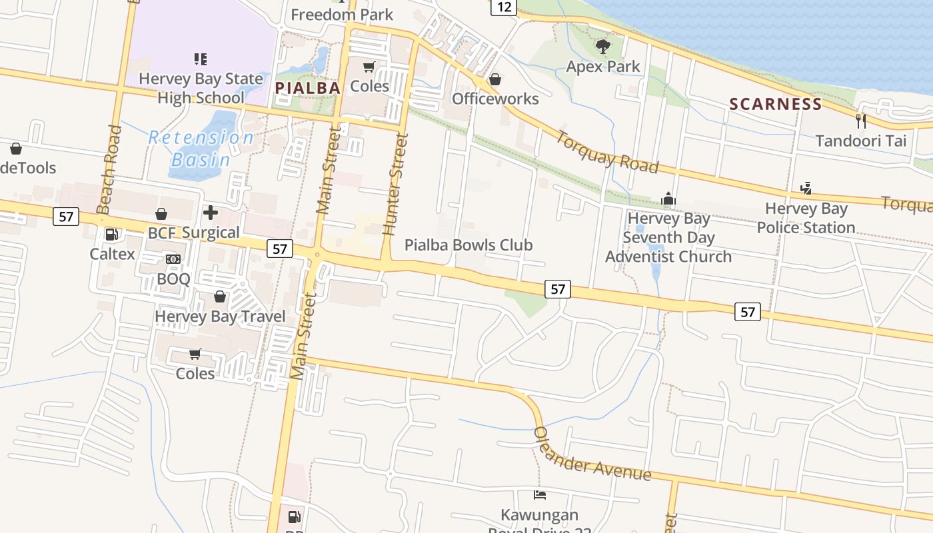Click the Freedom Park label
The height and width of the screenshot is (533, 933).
342,15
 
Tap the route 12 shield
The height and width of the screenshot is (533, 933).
504,7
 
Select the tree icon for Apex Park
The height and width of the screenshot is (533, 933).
603,47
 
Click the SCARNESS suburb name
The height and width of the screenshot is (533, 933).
775,104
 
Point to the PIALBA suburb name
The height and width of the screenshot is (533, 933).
307,88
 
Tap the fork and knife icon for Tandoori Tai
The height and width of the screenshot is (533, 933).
860,121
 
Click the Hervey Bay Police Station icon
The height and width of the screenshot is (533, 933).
806,188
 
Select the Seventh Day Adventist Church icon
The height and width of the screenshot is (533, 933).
668,199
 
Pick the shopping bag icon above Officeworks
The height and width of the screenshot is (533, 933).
494,79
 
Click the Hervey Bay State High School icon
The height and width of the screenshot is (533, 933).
201,59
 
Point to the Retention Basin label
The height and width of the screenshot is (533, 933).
201,149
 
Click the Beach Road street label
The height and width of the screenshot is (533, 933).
109,169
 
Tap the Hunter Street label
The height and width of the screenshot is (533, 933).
395,184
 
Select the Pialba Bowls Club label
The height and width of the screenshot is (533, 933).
468,245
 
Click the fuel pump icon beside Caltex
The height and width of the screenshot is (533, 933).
111,235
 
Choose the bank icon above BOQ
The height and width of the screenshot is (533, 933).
173,259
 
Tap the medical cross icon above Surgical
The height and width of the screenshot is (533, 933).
211,213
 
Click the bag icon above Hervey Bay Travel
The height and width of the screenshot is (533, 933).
219,296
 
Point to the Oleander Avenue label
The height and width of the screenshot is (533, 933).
591,453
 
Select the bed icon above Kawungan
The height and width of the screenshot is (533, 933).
540,494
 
